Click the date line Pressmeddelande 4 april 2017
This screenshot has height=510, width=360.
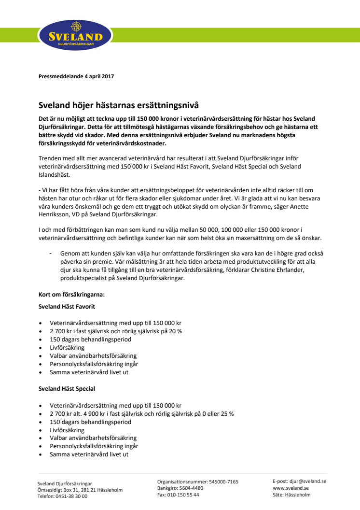pyautogui.click(x=76, y=76)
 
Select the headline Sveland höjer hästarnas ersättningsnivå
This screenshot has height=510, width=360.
pyautogui.click(x=118, y=104)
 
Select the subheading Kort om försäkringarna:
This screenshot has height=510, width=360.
pyautogui.click(x=71, y=294)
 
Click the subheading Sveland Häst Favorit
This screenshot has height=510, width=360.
pyautogui.click(x=67, y=306)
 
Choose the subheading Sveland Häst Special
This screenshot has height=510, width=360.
pyautogui.click(x=67, y=388)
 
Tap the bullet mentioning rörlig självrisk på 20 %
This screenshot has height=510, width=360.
pyautogui.click(x=115, y=331)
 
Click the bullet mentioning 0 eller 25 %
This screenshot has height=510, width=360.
pyautogui.click(x=141, y=413)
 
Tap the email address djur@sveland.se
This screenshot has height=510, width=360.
pyautogui.click(x=308, y=481)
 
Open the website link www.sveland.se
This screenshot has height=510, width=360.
pyautogui.click(x=291, y=488)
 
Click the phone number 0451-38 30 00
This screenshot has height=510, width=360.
pyautogui.click(x=70, y=496)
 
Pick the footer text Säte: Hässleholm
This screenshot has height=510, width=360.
pyautogui.click(x=291, y=495)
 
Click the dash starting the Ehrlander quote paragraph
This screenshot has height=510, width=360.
pyautogui.click(x=51, y=253)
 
